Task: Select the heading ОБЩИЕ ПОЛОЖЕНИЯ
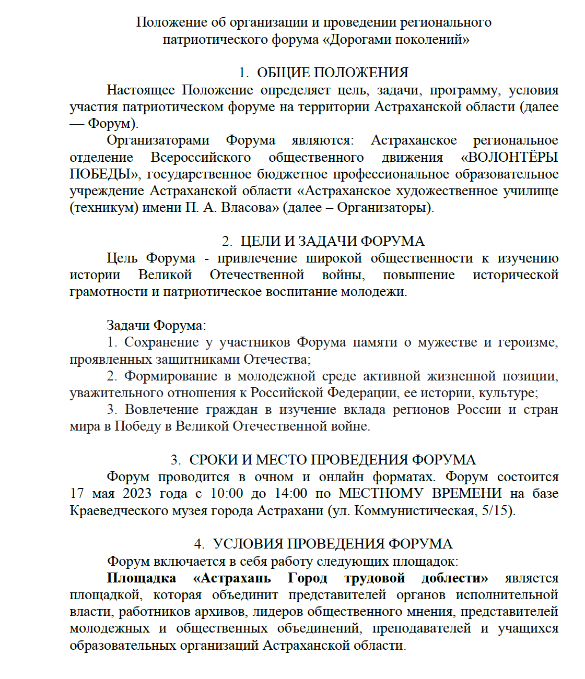[333, 73]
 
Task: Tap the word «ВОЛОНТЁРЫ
[509, 157]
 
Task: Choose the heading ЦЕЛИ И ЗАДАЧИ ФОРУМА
[332, 241]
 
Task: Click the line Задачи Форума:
[156, 326]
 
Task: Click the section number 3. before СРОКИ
[176, 460]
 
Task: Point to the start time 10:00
[227, 494]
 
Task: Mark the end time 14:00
[291, 494]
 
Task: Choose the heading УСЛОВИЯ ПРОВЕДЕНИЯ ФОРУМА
[332, 544]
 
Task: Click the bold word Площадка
[141, 578]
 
